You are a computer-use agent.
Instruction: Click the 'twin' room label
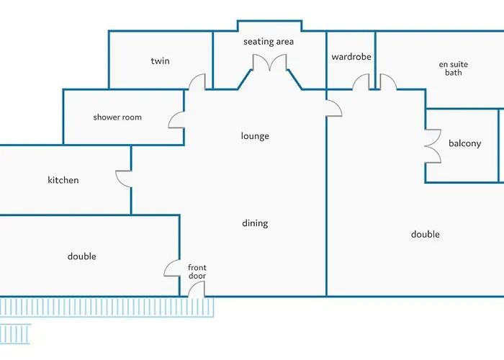click(160, 61)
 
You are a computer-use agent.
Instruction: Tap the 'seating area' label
click(269, 42)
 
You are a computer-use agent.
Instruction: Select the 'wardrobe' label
click(351, 57)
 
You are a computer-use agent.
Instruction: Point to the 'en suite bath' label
click(454, 68)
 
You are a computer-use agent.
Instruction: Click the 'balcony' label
click(464, 143)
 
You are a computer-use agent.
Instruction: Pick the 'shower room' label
click(117, 117)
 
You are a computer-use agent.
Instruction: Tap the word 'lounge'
click(255, 136)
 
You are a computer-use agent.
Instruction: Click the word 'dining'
click(255, 223)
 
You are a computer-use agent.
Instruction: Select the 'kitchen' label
click(63, 180)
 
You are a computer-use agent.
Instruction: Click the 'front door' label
click(197, 272)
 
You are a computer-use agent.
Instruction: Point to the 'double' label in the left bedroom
click(81, 256)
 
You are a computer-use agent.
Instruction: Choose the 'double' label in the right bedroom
click(425, 234)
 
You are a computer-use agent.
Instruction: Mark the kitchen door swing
click(124, 179)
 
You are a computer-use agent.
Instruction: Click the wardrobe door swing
click(361, 82)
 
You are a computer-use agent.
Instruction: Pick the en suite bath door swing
click(387, 82)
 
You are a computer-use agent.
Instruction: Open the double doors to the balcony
click(433, 145)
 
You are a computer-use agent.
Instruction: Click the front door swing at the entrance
click(196, 289)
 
